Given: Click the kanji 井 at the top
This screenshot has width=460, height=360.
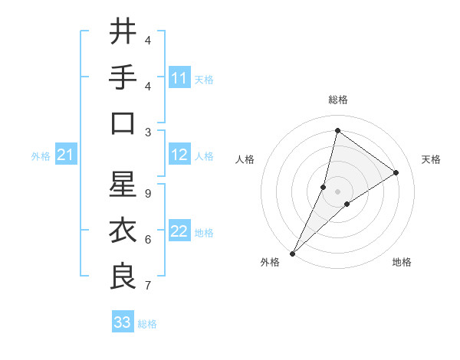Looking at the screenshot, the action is (x=123, y=33).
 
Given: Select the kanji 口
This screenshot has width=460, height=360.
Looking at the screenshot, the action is (x=123, y=123).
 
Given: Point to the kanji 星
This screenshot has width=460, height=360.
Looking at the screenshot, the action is (x=123, y=185).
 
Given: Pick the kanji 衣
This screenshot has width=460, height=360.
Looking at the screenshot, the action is (x=123, y=231).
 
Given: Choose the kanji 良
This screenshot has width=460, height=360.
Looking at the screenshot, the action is (x=123, y=276).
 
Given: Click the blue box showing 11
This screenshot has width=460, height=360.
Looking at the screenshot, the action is (x=179, y=78).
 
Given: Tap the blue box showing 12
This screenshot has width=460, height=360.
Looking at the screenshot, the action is (x=179, y=155).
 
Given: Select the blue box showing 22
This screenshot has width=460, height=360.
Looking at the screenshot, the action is (x=179, y=232).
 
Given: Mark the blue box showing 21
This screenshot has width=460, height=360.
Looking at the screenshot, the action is (x=65, y=155).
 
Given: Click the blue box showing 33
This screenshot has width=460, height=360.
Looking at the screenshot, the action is (x=123, y=322).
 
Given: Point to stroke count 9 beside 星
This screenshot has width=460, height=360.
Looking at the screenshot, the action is (x=147, y=194).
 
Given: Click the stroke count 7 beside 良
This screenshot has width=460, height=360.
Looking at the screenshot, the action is (x=147, y=286).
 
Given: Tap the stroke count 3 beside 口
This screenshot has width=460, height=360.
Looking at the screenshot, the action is (x=147, y=133).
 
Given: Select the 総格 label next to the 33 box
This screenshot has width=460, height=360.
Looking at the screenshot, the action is (x=147, y=324).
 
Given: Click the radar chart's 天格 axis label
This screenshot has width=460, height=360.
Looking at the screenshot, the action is (x=431, y=159).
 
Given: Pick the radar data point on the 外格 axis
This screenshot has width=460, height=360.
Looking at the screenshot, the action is (x=293, y=253).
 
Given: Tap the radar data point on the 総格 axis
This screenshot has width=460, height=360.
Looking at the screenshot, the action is (x=337, y=130).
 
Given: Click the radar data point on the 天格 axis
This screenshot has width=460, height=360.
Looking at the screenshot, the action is (x=396, y=172).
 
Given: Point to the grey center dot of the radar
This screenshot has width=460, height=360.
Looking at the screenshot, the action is (x=337, y=191).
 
